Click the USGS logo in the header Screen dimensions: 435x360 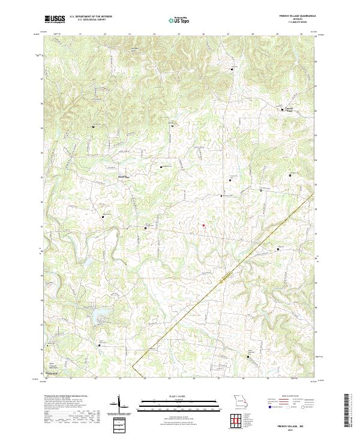tap(55, 19)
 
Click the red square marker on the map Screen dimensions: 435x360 tap(203, 226)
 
